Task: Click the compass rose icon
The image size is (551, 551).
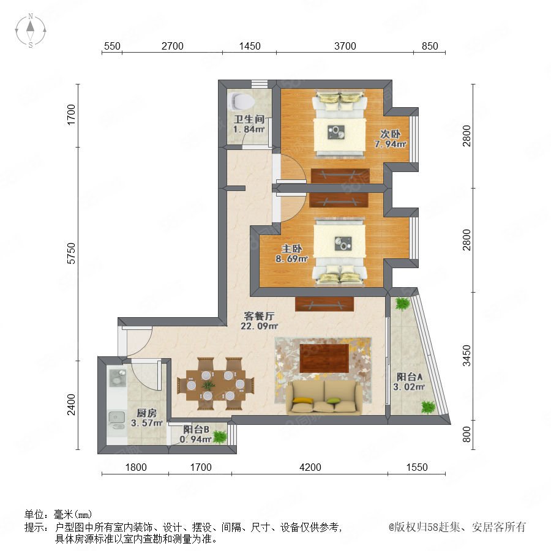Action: pyautogui.click(x=31, y=31)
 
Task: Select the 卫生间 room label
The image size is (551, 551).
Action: pyautogui.click(x=249, y=119)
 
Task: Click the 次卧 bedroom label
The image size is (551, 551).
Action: pyautogui.click(x=390, y=134)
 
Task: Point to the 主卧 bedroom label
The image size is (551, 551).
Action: pyautogui.click(x=291, y=249)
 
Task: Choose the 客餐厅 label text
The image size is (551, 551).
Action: pyautogui.click(x=259, y=316)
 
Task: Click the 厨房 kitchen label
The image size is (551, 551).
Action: pyautogui.click(x=146, y=413)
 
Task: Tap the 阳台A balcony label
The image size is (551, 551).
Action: pyautogui.click(x=410, y=377)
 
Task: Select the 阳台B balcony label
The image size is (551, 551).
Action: pyautogui.click(x=197, y=429)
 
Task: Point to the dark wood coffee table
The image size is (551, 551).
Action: pyautogui.click(x=324, y=358)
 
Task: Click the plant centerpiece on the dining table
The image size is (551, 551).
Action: pyautogui.click(x=208, y=385)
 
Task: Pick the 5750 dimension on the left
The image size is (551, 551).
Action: pyautogui.click(x=72, y=253)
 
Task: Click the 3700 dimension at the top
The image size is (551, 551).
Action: pyautogui.click(x=345, y=46)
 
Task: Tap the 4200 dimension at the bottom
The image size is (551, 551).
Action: pyautogui.click(x=310, y=467)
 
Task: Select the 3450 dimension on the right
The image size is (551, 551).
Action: pyautogui.click(x=467, y=355)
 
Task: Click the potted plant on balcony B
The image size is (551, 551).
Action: pyautogui.click(x=220, y=437)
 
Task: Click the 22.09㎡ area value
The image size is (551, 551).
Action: pyautogui.click(x=260, y=326)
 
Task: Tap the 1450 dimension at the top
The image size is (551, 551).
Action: pyautogui.click(x=250, y=46)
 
